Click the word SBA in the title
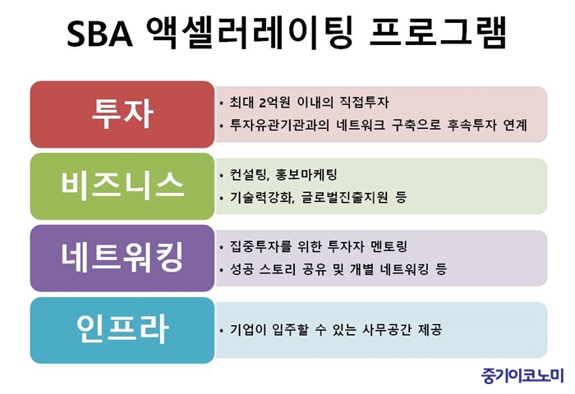click(x=99, y=34)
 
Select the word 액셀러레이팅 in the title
click(x=250, y=32)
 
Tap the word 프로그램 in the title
click(x=438, y=32)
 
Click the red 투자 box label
click(x=122, y=114)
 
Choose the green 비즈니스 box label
click(x=122, y=186)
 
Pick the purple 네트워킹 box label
click(x=122, y=258)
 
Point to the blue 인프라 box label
click(x=122, y=329)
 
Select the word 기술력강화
click(x=262, y=198)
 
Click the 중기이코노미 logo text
click(x=522, y=376)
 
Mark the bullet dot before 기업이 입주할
click(x=221, y=331)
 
